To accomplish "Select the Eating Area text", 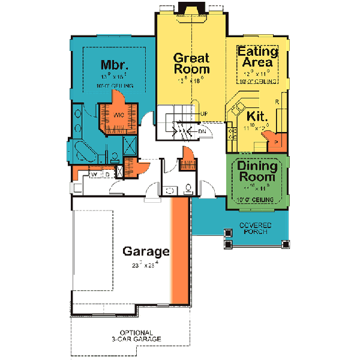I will (x=257, y=56).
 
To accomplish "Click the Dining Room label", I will (x=257, y=171).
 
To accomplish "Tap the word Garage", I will (x=146, y=251).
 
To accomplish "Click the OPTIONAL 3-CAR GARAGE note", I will (x=140, y=336).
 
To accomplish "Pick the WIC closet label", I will (x=118, y=114).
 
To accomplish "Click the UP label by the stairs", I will (x=204, y=114).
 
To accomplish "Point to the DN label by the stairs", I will (x=202, y=130).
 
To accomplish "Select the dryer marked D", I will (x=106, y=174).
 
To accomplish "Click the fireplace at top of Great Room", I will (x=191, y=10).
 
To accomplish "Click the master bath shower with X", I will (x=128, y=145).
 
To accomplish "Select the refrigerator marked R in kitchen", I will (x=277, y=102).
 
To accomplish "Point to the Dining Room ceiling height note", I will (x=257, y=199).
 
